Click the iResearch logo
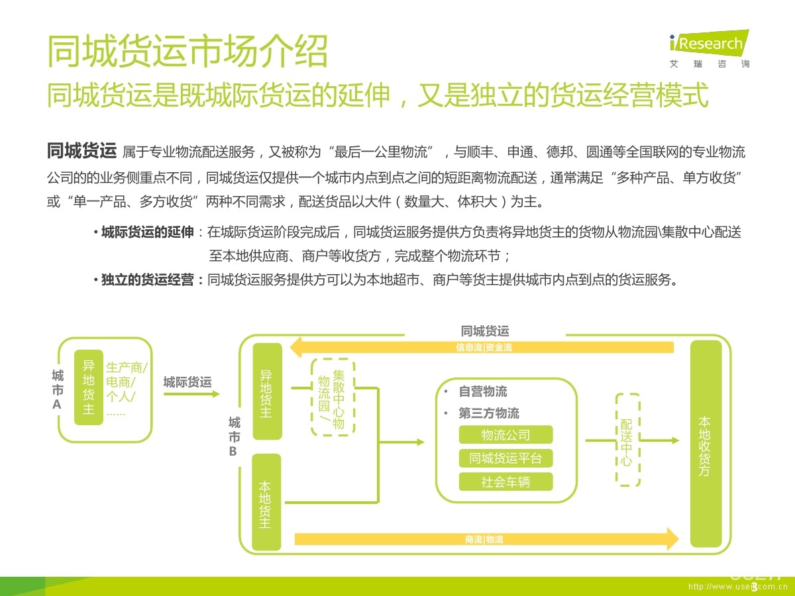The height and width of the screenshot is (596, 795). click(x=709, y=48)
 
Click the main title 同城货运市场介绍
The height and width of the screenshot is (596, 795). click(x=187, y=52)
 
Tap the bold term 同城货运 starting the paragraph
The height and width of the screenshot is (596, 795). click(x=81, y=152)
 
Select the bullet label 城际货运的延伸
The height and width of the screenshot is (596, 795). click(x=147, y=232)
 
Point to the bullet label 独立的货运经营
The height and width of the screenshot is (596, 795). click(x=148, y=280)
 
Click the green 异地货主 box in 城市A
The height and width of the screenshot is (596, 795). click(x=88, y=387)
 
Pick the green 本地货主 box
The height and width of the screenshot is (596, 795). click(x=266, y=503)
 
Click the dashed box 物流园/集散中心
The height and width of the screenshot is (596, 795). click(x=333, y=397)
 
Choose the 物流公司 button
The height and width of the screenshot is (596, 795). click(x=505, y=435)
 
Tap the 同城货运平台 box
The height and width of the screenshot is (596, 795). click(x=505, y=458)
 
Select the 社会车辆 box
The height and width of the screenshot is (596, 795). click(x=505, y=481)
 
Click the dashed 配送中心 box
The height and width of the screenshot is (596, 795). click(x=627, y=440)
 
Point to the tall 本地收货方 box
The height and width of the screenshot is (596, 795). click(x=706, y=444)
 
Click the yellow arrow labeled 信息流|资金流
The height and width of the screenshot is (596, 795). click(x=484, y=347)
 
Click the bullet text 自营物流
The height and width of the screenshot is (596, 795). click(x=483, y=391)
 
